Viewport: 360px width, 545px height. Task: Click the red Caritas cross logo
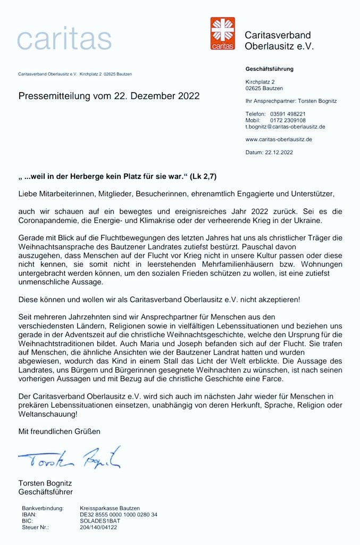222,33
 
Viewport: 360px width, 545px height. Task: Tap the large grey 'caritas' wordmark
64,38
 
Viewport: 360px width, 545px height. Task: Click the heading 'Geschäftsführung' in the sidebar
269,69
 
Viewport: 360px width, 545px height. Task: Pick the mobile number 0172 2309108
288,120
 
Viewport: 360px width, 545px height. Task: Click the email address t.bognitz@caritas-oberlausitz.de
285,127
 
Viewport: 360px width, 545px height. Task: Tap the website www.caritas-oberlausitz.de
279,139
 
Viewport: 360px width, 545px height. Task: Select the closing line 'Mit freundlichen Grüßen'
59,431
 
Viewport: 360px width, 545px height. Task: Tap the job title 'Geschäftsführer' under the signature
46,492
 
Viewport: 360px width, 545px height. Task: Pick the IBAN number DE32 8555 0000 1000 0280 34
119,515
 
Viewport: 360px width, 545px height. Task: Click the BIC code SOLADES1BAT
99,521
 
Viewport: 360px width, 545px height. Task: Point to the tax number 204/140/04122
98,527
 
